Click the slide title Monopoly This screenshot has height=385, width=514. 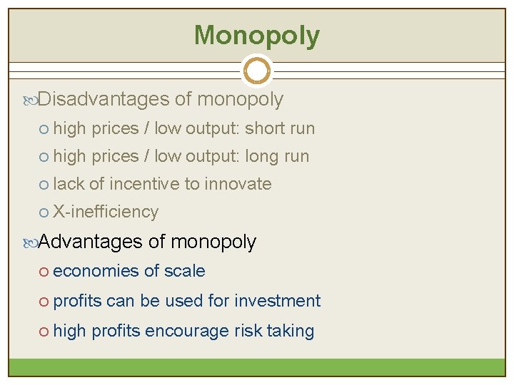[257, 35]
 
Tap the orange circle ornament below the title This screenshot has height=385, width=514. [257, 71]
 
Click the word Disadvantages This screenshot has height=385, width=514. [104, 100]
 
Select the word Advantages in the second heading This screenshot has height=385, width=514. [91, 242]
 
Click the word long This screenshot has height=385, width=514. [263, 156]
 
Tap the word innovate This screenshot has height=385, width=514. [238, 184]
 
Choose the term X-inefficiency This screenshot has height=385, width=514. [106, 212]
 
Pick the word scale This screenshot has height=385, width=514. [184, 272]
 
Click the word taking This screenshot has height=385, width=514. [293, 332]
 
